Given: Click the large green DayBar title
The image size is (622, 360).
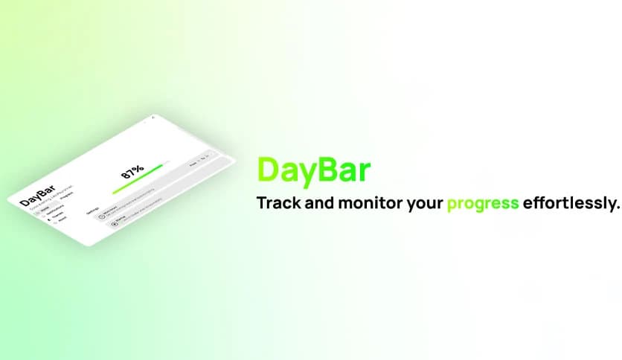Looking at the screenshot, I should point(312,170).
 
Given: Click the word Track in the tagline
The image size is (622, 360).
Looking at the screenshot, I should point(278,203).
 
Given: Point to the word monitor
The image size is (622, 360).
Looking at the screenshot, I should point(371,203).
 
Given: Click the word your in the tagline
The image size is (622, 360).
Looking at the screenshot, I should point(424,204).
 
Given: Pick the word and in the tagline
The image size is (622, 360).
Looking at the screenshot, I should point(320,203).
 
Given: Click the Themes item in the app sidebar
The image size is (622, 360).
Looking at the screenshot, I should point(57,216).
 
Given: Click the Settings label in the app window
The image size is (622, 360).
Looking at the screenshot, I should point(93,210).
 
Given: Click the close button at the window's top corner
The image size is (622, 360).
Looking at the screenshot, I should point(153,118).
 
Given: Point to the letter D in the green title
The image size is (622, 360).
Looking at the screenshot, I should point(267,170).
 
